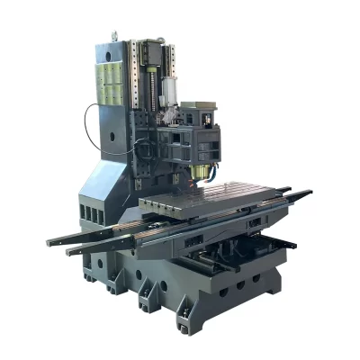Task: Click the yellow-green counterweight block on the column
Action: point(111,76)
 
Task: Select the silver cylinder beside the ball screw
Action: point(167,89)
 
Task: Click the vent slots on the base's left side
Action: point(85,216)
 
